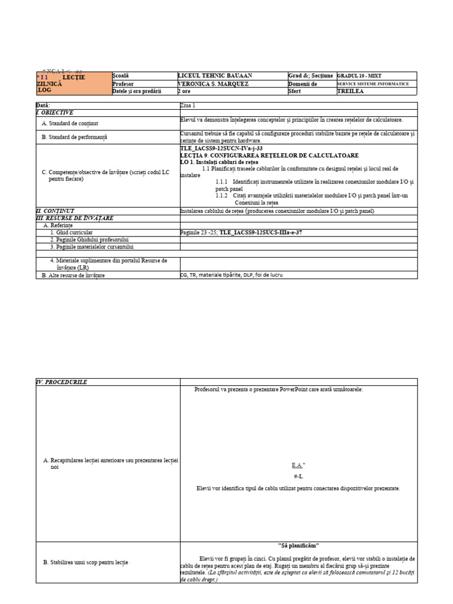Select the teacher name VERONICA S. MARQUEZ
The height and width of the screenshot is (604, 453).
(213, 84)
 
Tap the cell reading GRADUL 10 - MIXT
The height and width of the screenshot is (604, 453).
(360, 76)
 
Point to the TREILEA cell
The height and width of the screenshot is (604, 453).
(350, 91)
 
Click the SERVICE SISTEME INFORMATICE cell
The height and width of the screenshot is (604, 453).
(372, 84)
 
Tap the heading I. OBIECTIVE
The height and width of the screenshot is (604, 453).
(55, 112)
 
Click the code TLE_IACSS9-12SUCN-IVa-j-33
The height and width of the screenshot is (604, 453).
(221, 148)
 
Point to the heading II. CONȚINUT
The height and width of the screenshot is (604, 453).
(55, 211)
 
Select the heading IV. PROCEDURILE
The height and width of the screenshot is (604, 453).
(62, 382)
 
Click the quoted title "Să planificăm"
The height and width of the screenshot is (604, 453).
(298, 546)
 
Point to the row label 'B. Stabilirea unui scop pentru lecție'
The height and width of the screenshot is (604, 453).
(86, 563)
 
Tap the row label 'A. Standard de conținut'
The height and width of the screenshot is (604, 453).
(70, 123)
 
